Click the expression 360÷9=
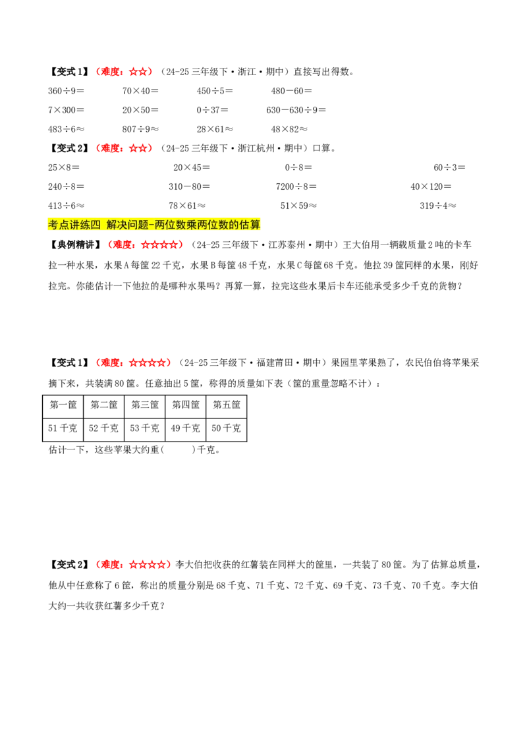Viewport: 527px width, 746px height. [66, 91]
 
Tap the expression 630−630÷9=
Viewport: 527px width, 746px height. [296, 110]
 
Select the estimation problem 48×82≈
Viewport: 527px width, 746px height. [289, 129]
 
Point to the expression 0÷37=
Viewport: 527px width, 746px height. [212, 110]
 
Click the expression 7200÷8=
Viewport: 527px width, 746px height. [296, 186]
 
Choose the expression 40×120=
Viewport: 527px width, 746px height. [431, 186]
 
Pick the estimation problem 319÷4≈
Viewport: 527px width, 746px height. [437, 206]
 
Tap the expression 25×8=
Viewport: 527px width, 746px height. [64, 167]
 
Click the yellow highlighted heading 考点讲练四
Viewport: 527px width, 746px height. [74, 225]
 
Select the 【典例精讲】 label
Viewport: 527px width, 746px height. [74, 245]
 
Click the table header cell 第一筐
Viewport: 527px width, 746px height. [63, 405]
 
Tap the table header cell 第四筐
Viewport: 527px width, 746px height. [186, 405]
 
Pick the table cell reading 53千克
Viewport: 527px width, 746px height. [144, 428]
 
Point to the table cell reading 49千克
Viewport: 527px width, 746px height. [186, 428]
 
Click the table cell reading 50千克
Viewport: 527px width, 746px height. [227, 428]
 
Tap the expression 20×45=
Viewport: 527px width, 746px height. [191, 167]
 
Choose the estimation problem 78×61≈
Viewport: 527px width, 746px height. [187, 206]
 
